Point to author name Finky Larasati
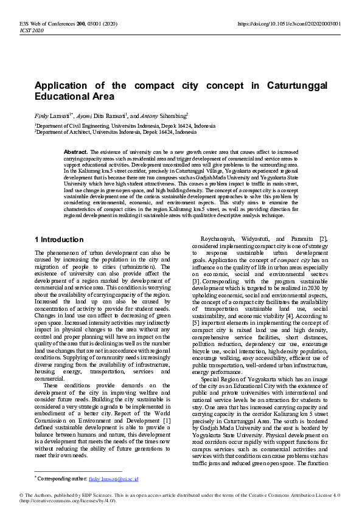coord(61,114)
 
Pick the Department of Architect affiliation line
coord(116,131)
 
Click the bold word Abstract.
coord(76,151)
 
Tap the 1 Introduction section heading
coord(59,240)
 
